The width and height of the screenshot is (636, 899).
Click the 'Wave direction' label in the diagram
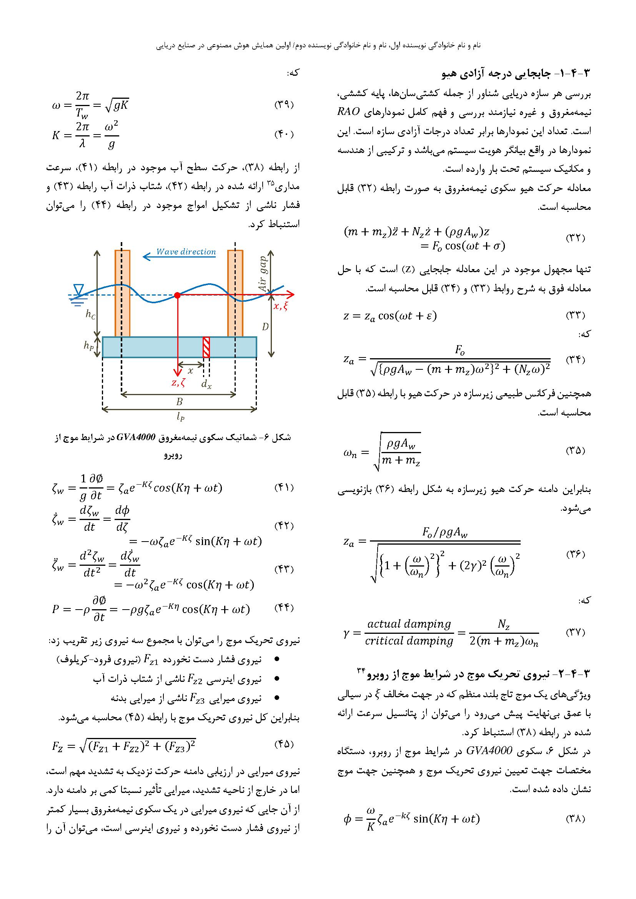point(186,252)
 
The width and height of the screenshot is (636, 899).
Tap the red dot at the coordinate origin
point(177,295)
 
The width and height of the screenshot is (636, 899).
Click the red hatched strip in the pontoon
point(206,347)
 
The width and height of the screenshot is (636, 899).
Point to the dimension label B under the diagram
point(179,401)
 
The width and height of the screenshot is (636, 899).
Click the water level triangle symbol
point(79,290)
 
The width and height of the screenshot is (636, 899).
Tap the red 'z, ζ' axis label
point(178,383)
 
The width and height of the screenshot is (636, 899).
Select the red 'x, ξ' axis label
point(280,306)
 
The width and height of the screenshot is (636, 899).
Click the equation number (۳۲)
point(575,238)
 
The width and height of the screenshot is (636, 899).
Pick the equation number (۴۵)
point(283,743)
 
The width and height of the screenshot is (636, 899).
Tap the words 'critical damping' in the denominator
point(409,641)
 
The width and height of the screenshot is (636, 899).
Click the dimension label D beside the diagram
point(265,327)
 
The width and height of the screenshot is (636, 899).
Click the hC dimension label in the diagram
point(90,314)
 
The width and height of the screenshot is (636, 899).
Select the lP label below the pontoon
point(180,417)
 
